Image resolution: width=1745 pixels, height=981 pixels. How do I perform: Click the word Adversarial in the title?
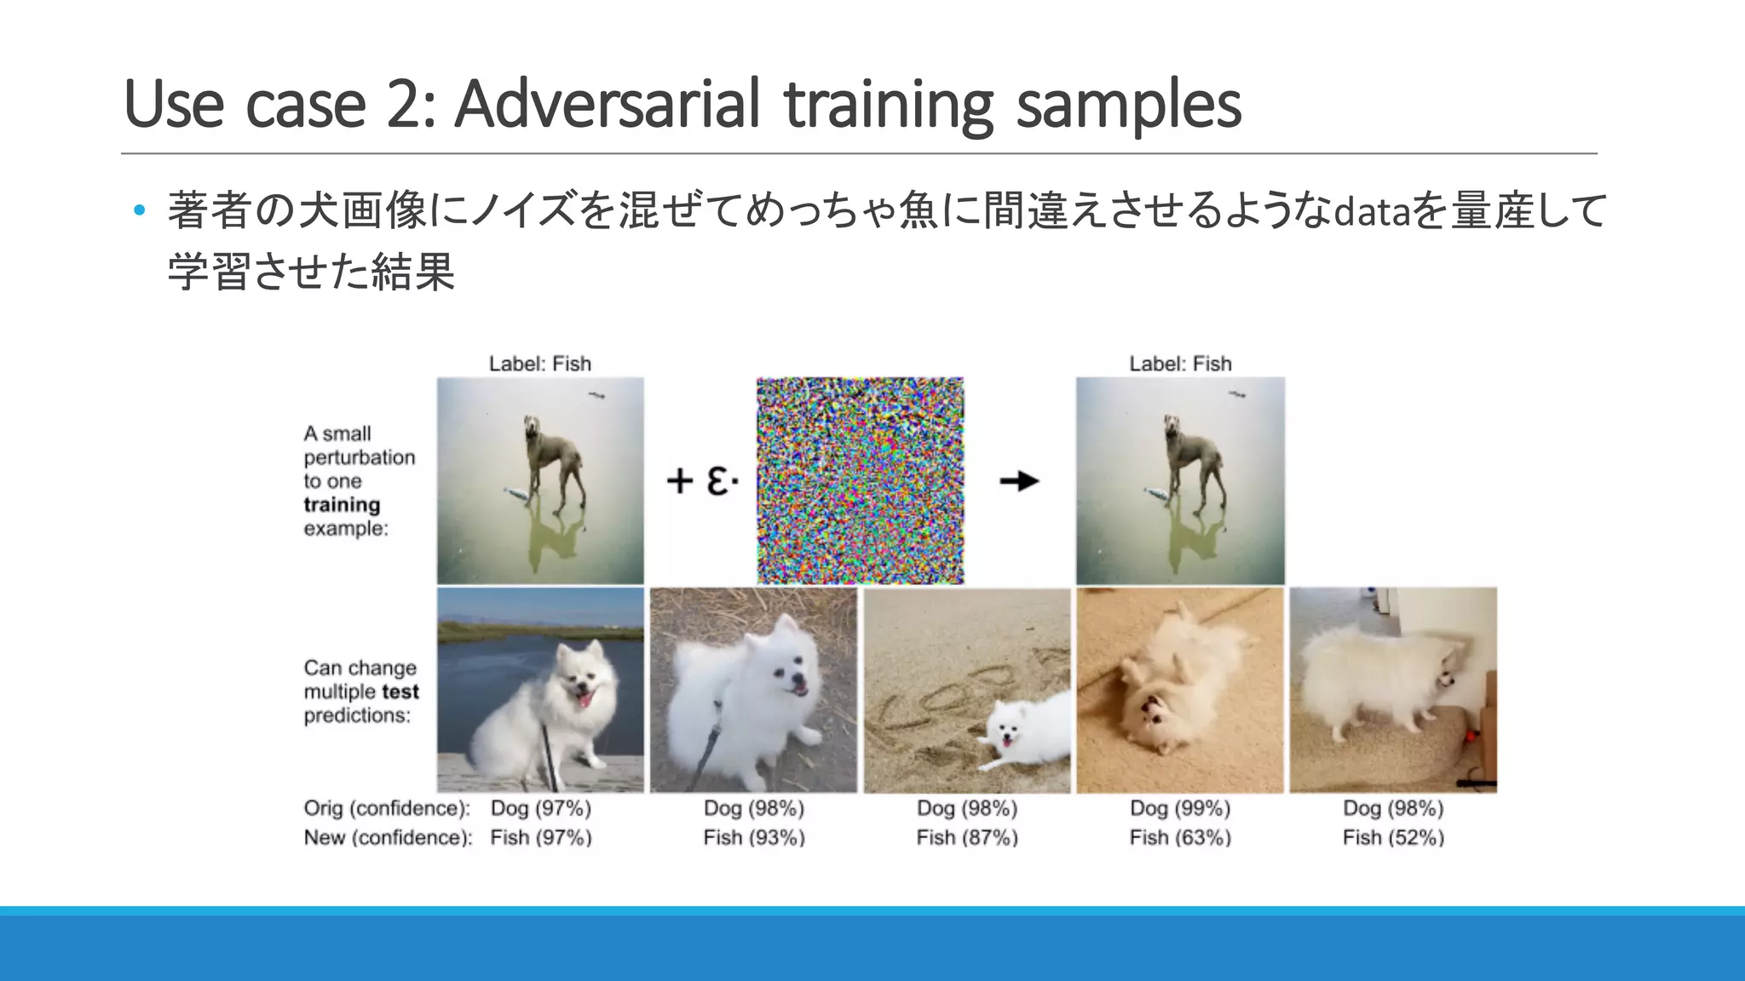(x=607, y=105)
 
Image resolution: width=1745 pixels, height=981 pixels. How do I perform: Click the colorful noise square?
(x=860, y=481)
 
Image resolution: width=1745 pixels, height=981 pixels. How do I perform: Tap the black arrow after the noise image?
(x=1019, y=481)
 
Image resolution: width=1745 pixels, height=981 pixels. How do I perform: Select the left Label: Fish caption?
(x=539, y=364)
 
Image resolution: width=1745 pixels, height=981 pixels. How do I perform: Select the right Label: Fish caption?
(x=1180, y=364)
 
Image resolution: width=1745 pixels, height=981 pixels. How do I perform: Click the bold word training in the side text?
(x=342, y=505)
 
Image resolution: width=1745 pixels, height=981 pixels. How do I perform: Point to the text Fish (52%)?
(x=1393, y=838)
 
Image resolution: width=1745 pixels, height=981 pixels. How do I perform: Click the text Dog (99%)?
(x=1180, y=808)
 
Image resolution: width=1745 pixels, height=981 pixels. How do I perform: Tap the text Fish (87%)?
(x=967, y=838)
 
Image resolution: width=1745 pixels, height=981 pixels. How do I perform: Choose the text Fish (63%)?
(x=1180, y=838)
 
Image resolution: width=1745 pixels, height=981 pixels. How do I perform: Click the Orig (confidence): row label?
(x=387, y=808)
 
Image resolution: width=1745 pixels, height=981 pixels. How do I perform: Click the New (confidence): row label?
(x=388, y=838)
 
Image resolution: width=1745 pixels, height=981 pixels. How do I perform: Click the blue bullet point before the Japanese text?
(x=140, y=210)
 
